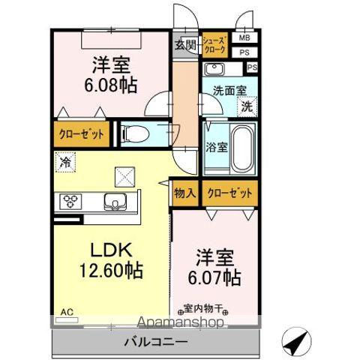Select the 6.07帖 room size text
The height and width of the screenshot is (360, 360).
coord(214,278)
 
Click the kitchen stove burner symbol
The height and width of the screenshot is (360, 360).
coord(72,200)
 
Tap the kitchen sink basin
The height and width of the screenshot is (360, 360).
coord(117,201)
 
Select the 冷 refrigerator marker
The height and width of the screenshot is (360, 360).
coord(66,160)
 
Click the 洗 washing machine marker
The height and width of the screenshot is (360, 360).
coord(246,107)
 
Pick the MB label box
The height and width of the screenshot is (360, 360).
coord(244,37)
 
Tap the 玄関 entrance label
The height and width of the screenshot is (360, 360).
coord(186,44)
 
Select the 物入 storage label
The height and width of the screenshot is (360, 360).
coord(186,193)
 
